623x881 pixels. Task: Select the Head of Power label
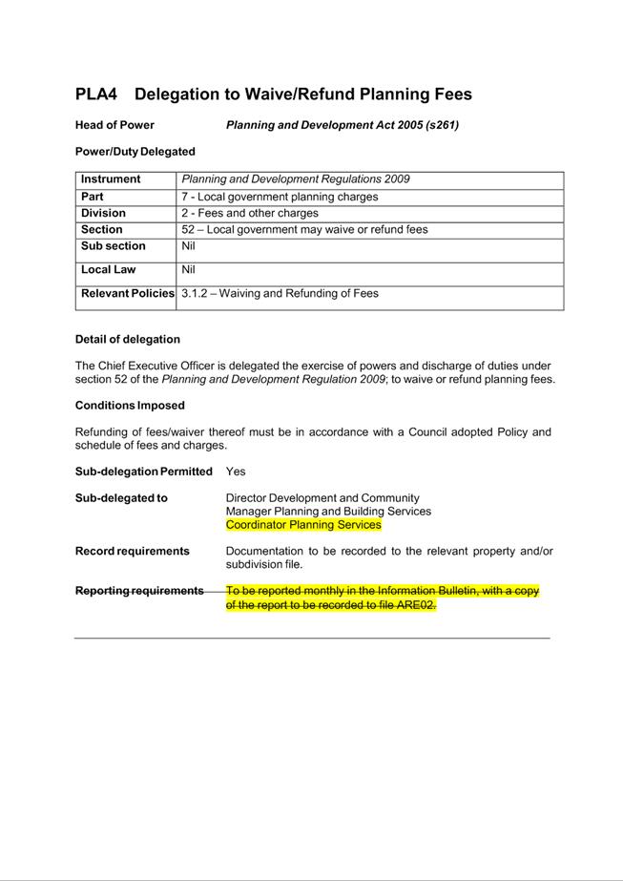114,125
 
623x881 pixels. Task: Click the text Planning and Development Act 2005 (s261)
342,125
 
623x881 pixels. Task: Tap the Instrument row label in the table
111,179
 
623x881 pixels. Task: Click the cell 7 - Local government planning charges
280,197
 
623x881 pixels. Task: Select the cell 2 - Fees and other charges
250,214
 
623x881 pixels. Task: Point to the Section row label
102,230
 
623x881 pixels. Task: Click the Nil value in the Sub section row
188,246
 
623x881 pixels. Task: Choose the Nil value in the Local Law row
188,270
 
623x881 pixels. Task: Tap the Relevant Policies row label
128,294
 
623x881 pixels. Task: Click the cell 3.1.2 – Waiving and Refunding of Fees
280,294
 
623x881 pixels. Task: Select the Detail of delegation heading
128,340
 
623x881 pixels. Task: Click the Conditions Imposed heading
130,406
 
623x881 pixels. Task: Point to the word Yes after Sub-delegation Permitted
236,472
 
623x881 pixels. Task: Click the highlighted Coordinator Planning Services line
303,525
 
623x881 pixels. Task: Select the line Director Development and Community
322,498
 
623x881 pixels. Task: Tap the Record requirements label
133,552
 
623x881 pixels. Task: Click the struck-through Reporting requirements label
139,591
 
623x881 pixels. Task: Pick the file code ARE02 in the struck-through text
414,605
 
